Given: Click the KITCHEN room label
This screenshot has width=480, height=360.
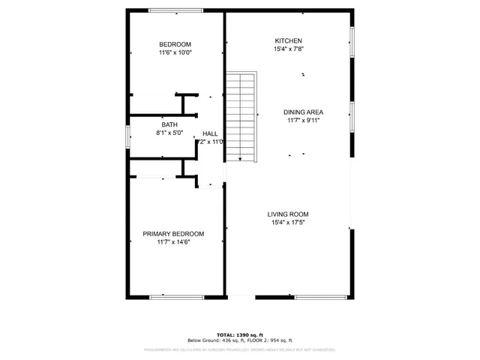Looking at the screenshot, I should (x=288, y=40).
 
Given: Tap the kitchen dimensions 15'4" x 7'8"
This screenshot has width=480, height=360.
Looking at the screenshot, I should (x=288, y=49).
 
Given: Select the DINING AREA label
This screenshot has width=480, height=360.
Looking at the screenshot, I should (x=304, y=112).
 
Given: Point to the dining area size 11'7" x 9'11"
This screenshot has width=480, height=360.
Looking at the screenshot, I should (x=304, y=121).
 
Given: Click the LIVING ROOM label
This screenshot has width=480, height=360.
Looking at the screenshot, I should (x=288, y=214).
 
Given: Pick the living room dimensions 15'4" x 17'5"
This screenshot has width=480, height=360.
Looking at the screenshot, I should (x=288, y=223).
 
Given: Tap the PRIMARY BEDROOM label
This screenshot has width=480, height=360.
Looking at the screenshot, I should (x=173, y=234).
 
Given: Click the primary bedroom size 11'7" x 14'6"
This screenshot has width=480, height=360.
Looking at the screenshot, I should (x=173, y=243).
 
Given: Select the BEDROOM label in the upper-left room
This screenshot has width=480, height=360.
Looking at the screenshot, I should (x=175, y=43).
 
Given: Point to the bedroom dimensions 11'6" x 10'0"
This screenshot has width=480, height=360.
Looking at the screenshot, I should (x=175, y=52).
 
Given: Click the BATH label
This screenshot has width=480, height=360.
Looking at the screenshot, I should (x=169, y=124).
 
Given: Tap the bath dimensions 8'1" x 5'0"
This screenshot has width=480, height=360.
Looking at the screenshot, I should (x=169, y=133).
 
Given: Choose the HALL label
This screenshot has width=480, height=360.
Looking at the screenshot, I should (x=210, y=133).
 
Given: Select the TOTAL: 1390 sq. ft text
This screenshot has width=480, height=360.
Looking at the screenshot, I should (x=239, y=334).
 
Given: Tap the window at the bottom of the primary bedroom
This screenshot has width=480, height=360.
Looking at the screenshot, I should (x=177, y=297).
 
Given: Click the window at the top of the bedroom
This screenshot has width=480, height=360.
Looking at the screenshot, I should (x=175, y=10).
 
